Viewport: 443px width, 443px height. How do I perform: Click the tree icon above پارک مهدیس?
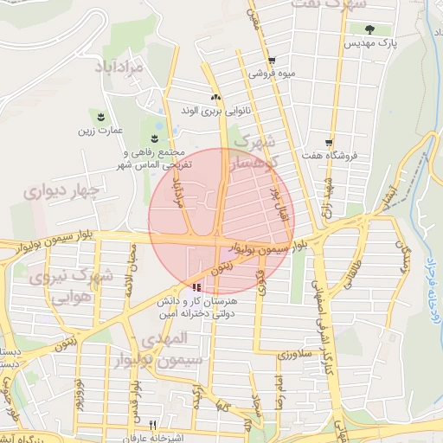[369, 29]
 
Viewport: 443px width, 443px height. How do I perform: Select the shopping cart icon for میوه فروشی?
[272, 61]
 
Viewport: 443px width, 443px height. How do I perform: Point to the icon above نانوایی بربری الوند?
[215, 97]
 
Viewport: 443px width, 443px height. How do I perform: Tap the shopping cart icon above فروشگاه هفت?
[329, 142]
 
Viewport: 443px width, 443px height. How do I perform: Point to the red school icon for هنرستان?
[197, 286]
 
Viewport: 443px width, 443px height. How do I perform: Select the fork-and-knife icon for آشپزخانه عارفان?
[153, 425]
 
